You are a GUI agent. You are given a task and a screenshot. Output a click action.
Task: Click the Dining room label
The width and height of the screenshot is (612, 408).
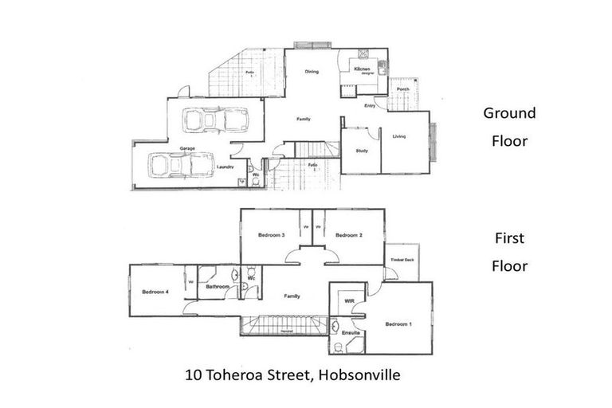[x=312, y=73]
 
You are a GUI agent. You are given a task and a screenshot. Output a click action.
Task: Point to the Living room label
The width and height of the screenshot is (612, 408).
[x=399, y=136]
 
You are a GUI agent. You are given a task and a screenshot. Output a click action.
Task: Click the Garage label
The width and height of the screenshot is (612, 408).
[x=187, y=149]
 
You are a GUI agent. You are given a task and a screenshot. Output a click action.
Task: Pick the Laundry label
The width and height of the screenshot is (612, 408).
[x=225, y=167]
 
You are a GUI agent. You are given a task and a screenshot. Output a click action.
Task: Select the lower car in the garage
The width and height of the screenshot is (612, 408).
[x=180, y=165]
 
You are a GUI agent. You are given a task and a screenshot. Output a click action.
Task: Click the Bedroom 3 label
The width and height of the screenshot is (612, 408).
[x=272, y=235]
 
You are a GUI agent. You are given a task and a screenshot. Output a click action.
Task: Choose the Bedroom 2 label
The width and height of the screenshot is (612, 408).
[x=349, y=235]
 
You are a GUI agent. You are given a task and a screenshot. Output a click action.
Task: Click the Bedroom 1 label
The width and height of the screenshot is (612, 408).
[x=398, y=324]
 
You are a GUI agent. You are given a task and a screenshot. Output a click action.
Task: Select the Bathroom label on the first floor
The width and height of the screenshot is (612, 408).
[x=218, y=286]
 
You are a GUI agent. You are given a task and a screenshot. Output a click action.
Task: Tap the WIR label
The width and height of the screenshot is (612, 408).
[x=349, y=301]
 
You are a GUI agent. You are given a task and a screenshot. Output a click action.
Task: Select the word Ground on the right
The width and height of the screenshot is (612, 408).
[x=509, y=113]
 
